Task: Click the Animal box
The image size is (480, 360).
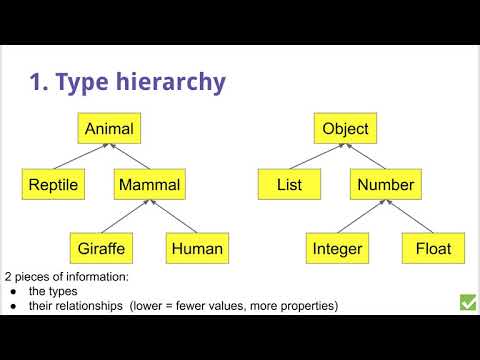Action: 109,128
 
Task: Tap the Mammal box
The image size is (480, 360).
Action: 148,185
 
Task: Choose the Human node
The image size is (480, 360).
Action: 196,247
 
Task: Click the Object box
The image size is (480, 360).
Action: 346,128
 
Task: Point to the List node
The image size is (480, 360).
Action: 288,185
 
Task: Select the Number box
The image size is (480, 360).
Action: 385,185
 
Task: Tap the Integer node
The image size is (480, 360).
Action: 337,247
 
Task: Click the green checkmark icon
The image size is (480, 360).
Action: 467,301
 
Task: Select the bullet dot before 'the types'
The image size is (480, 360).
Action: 11,291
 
